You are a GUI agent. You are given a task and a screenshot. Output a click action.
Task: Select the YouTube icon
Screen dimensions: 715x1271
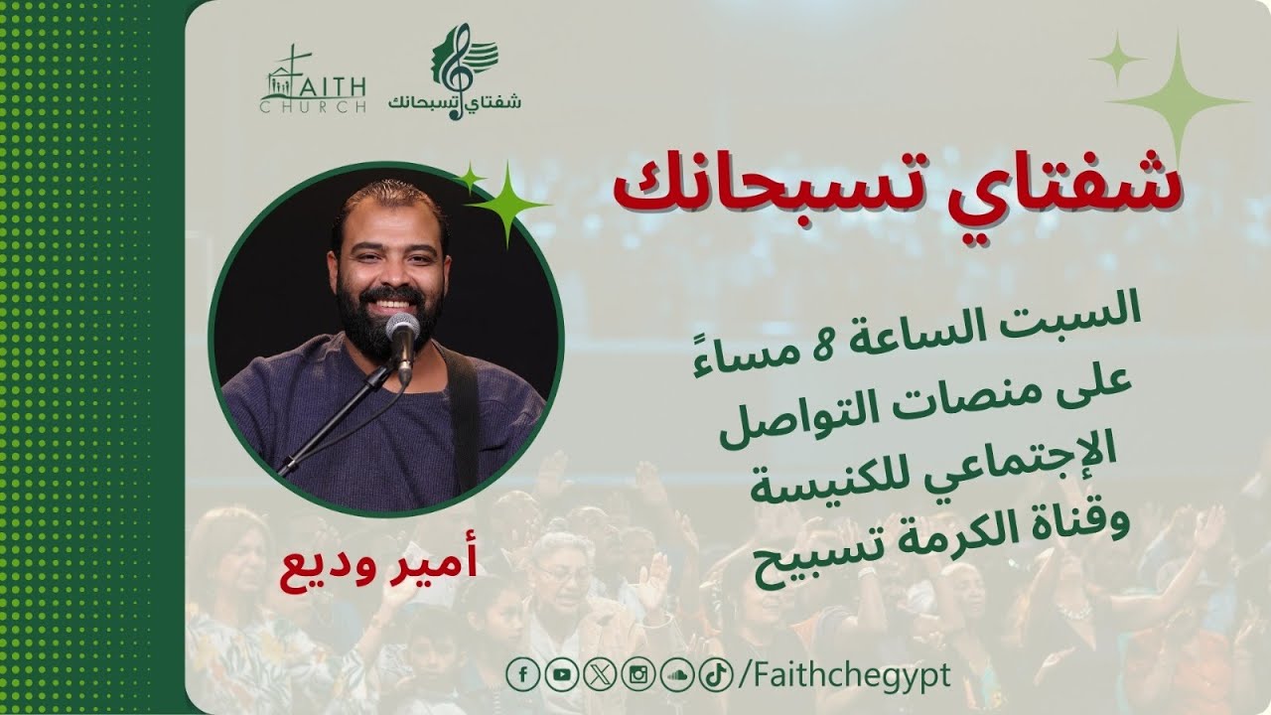[x=562, y=675]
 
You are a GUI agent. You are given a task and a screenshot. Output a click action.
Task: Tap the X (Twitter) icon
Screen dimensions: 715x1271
[x=600, y=675]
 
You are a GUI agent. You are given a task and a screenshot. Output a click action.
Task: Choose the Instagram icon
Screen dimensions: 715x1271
[x=637, y=675]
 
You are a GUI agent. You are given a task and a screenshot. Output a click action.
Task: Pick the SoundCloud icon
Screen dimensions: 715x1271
[x=676, y=675]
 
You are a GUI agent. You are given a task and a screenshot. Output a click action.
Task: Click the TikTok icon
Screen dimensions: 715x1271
[x=714, y=675]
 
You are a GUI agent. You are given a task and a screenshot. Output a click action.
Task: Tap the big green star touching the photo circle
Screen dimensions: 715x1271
[x=507, y=204]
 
